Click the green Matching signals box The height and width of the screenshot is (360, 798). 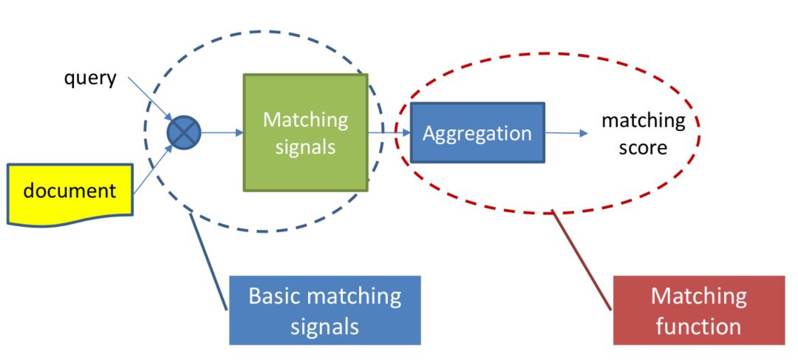305,132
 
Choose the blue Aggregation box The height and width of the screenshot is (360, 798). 477,133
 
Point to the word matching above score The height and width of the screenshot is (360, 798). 642,120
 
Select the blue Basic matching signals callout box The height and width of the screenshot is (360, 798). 324,310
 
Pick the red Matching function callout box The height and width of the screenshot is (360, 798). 698,310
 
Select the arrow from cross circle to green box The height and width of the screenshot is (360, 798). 222,133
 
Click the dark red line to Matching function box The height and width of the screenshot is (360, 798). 582,259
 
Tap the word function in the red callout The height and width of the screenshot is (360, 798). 698,325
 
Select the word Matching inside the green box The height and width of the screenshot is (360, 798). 305,120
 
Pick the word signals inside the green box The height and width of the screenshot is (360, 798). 305,146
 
